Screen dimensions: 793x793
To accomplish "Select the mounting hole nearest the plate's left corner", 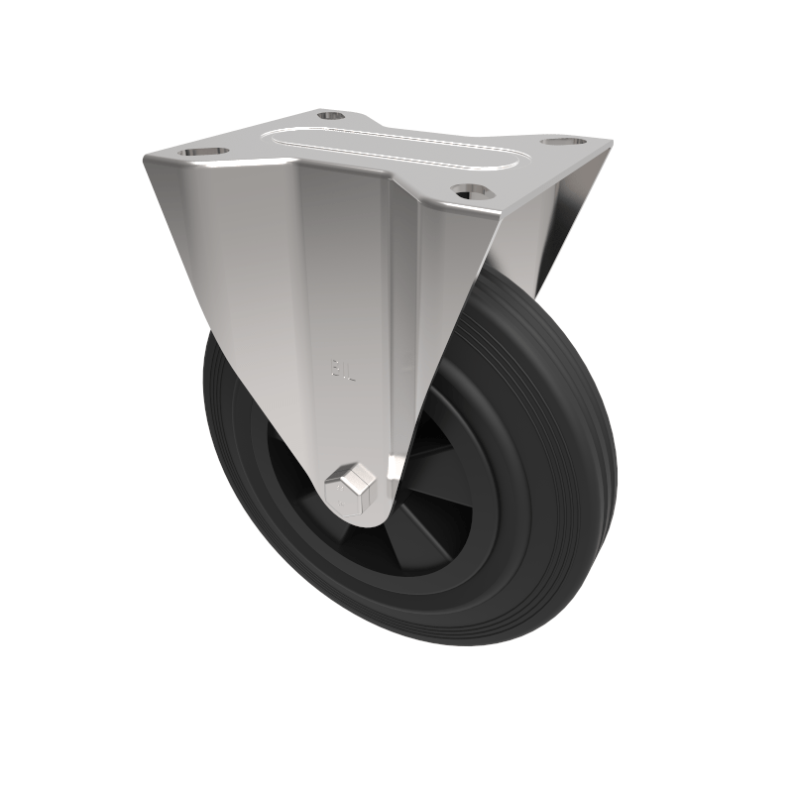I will coord(203,152).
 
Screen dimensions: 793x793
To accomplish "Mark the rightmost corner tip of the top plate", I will coord(610,144).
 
